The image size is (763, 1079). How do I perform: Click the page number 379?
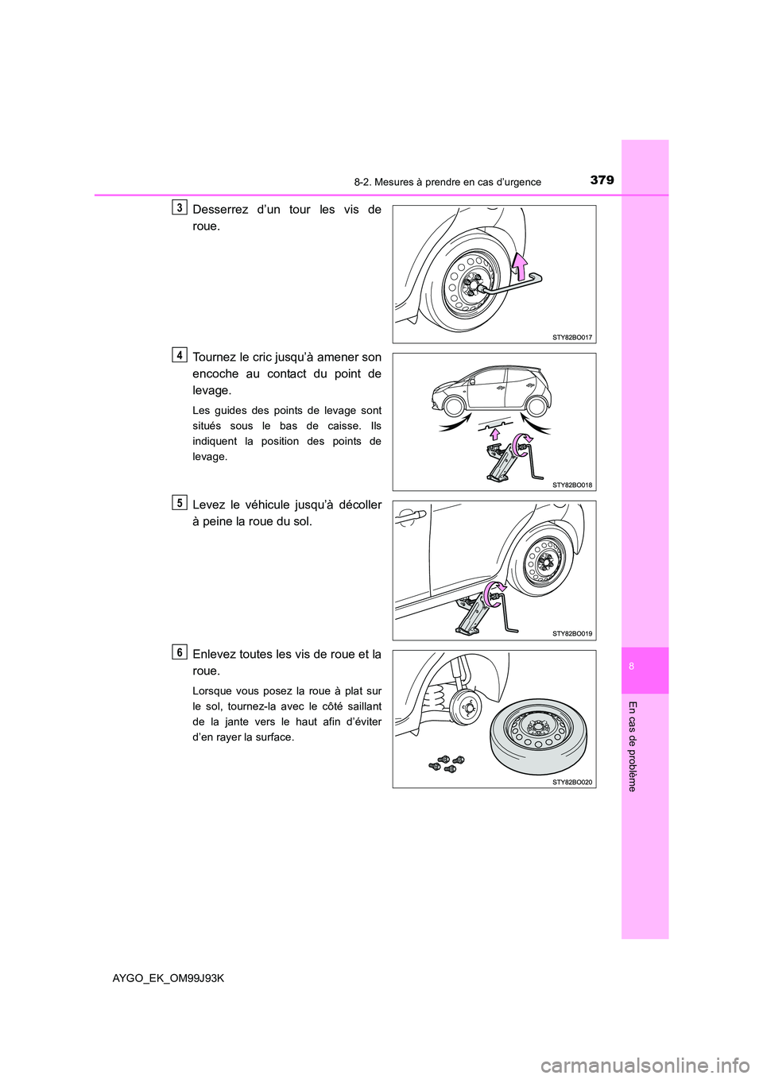[x=602, y=180]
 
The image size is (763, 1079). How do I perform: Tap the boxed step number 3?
[x=180, y=207]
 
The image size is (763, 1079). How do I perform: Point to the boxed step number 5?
[x=180, y=502]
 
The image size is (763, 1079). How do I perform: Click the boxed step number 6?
[x=180, y=652]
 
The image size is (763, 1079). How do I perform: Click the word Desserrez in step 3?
[x=219, y=210]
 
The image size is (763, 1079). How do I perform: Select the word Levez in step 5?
[x=208, y=505]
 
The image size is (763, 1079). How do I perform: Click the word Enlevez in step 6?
[x=216, y=655]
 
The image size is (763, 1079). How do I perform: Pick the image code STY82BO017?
[x=572, y=338]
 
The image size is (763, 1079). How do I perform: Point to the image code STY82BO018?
[x=572, y=484]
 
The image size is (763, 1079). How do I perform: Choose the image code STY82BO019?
[x=572, y=633]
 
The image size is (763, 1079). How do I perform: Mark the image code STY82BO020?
[x=572, y=782]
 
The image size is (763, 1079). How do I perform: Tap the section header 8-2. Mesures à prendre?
[x=446, y=182]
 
